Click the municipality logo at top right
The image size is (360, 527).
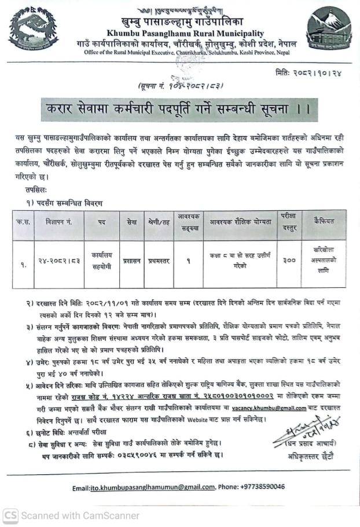coord(328,30)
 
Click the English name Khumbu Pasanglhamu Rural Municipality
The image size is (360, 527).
coord(185,34)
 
